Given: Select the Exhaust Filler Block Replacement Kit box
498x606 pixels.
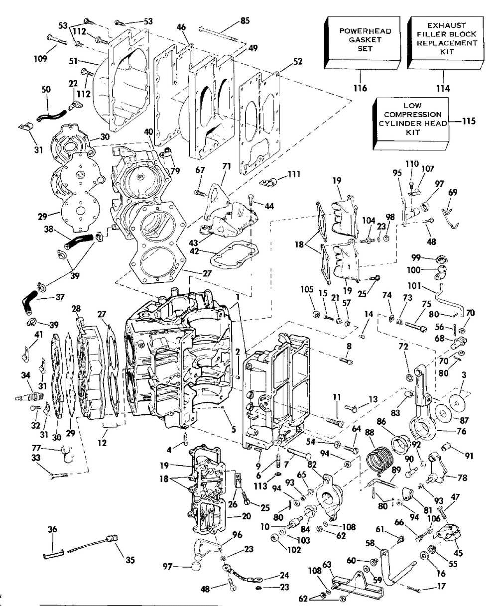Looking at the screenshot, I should pos(446,42).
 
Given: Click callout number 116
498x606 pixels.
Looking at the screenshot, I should pos(360,89).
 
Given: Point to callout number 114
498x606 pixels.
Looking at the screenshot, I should pos(442,89).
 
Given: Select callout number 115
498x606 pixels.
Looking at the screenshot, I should pos(469,121).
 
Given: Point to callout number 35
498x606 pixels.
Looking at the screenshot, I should pos(130,560).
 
